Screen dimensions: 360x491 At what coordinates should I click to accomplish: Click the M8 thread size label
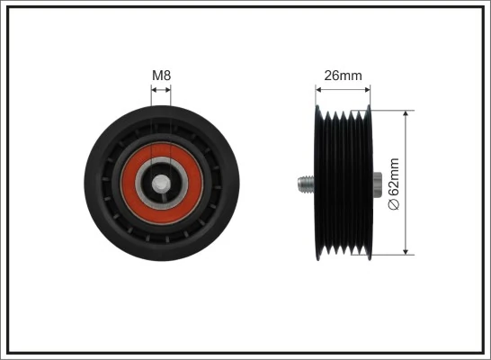(161, 76)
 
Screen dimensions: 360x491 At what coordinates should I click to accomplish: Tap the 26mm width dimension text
(343, 76)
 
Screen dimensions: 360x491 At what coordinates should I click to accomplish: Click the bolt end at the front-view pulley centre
(162, 184)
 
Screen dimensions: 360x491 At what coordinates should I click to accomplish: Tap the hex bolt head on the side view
(376, 184)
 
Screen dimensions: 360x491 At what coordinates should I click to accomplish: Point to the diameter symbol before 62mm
(392, 205)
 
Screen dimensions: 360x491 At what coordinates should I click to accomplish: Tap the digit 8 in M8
(167, 76)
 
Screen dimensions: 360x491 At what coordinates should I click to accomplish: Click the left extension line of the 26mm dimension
(317, 97)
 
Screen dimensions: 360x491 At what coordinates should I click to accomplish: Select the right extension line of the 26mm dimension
(370, 97)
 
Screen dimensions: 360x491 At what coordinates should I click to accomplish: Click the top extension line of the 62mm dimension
(396, 111)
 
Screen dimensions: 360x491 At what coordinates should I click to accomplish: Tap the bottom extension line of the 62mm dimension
(396, 256)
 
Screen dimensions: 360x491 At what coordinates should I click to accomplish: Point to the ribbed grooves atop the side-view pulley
(346, 115)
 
